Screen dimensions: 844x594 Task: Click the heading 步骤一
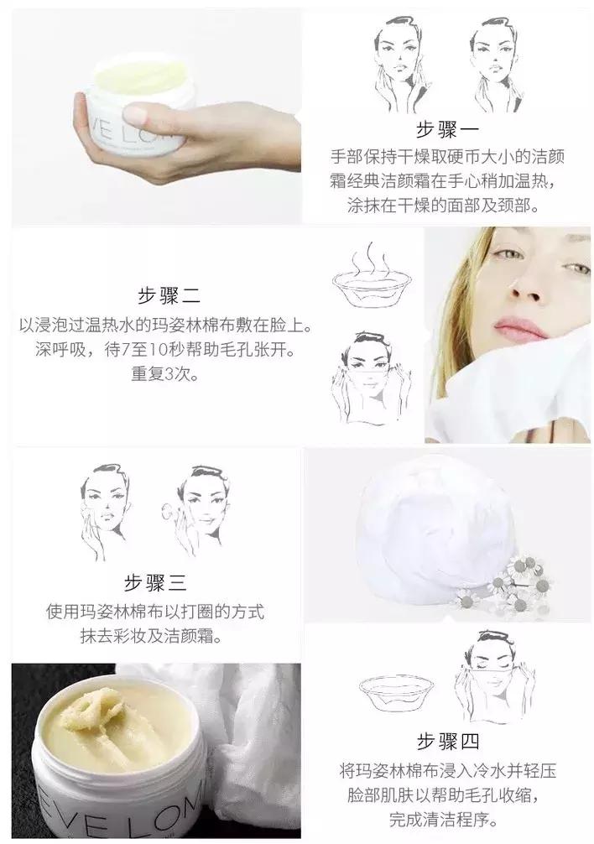pos(446,130)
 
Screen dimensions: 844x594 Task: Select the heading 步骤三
pos(155,583)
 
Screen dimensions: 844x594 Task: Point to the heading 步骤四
pos(447,742)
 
